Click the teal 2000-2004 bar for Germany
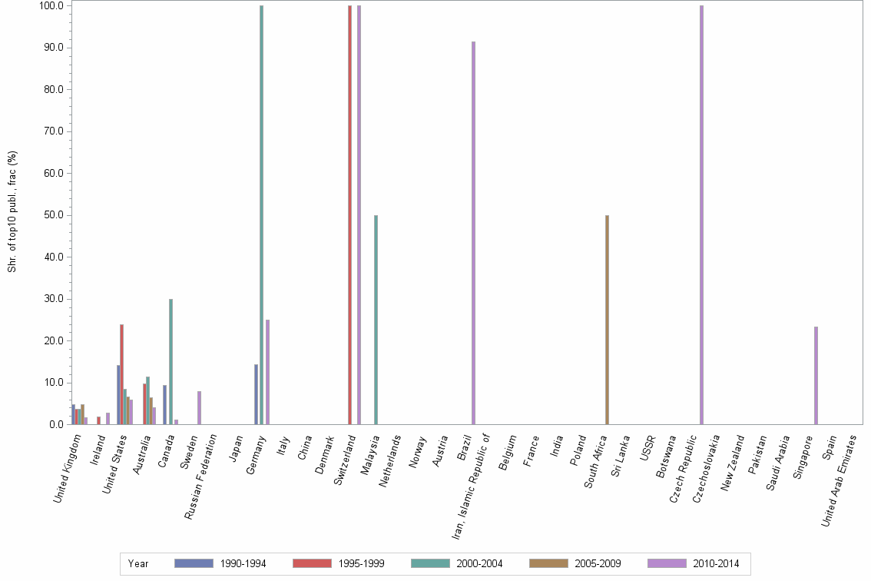point(261,215)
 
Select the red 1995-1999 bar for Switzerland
point(349,215)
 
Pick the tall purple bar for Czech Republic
point(701,215)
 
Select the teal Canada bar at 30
point(171,361)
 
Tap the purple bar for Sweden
point(199,407)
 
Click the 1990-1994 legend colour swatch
point(194,563)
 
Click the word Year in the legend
point(138,563)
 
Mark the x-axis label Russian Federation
point(205,476)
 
